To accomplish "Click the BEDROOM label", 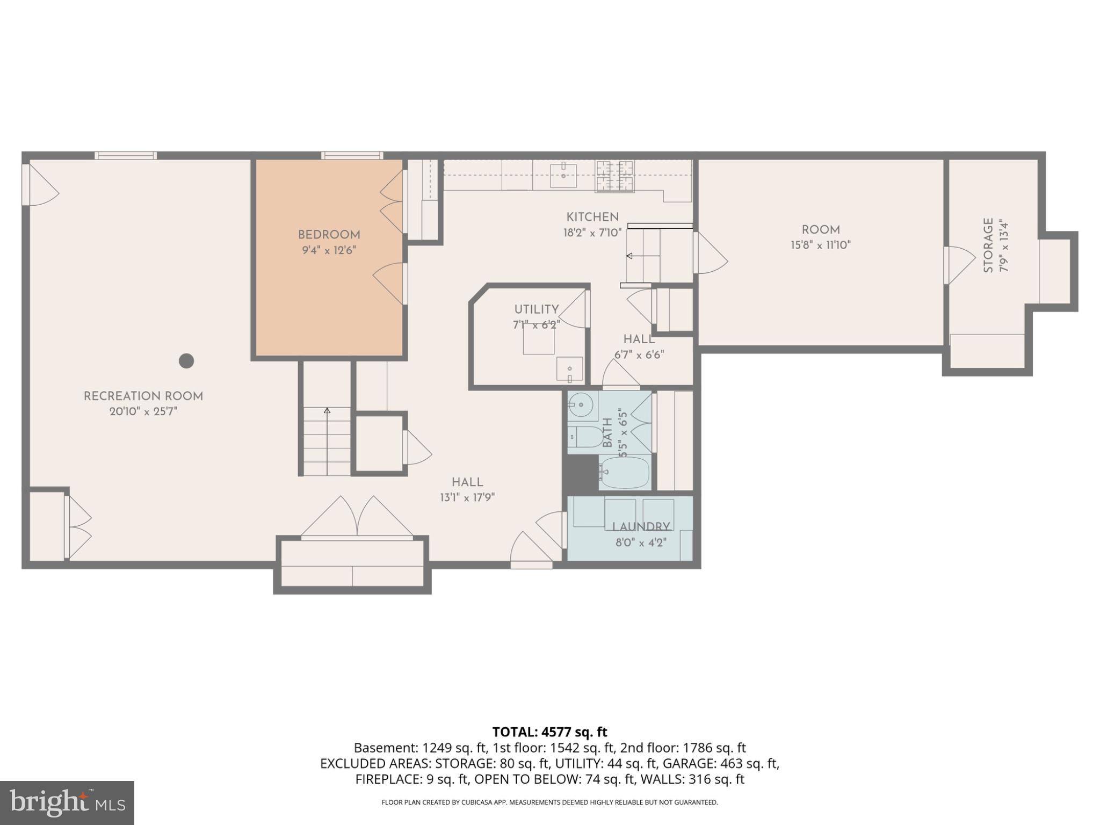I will click(x=329, y=235).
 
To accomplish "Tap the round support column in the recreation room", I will click(x=186, y=360).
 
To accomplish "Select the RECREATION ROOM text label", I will click(x=143, y=396).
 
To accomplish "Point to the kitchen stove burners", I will click(x=614, y=176).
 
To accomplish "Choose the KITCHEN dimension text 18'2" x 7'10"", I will click(x=592, y=233).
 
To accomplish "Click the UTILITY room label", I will click(x=536, y=309).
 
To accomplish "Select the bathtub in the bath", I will click(x=625, y=473).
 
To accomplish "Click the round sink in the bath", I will click(x=580, y=403).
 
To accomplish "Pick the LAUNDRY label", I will click(x=641, y=527).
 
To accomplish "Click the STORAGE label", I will click(x=988, y=245).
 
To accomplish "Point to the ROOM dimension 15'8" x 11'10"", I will click(x=820, y=245).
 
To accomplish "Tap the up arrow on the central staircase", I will click(x=327, y=411).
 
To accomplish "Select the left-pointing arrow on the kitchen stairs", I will click(x=630, y=256).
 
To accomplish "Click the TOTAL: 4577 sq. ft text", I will click(x=549, y=732).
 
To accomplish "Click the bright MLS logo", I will click(x=67, y=802).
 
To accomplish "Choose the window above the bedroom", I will click(x=352, y=156).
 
